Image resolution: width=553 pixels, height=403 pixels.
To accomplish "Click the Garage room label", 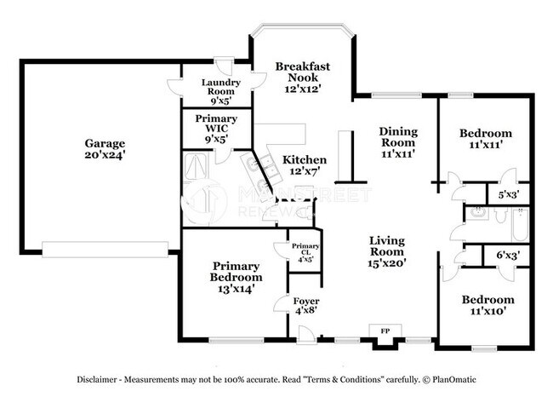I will [104, 143].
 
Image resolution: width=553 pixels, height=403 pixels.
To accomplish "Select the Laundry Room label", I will [220, 87].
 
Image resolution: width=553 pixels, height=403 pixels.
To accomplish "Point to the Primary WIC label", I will [216, 124].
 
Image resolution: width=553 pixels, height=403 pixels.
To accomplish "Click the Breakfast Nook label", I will [302, 72].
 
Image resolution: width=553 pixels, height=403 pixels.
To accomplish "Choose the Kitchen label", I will [305, 159].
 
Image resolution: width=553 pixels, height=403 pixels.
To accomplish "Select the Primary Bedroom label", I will [236, 271].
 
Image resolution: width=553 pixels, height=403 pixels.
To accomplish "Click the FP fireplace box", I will [385, 331].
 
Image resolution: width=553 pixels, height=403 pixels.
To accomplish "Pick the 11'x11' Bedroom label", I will [486, 138].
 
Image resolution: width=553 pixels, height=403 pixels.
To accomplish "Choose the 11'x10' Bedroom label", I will [487, 306].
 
